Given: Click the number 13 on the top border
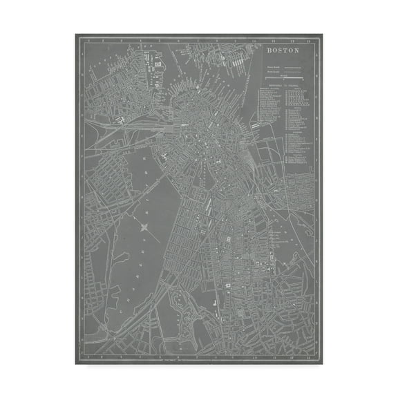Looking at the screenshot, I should (x=306, y=39).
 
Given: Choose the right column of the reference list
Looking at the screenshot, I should (x=295, y=124).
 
